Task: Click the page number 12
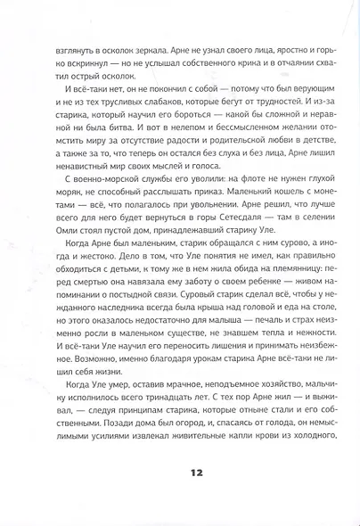coord(180,491)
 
